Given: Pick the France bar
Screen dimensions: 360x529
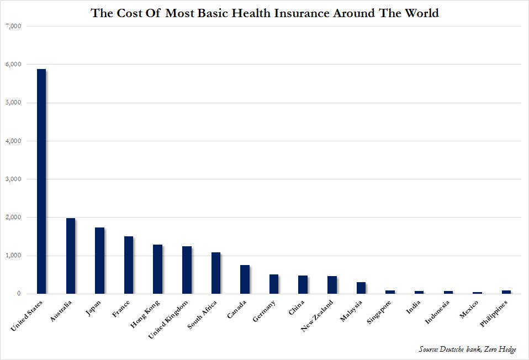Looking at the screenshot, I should point(129,265).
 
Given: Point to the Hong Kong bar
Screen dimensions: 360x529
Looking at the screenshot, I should point(157,269).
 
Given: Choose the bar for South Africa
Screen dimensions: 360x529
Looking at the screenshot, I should point(216,273).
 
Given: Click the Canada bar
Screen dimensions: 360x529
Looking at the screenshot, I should point(245,279).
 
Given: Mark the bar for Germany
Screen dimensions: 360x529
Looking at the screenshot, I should point(274,284).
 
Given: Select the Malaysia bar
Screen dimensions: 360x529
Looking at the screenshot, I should point(361,288).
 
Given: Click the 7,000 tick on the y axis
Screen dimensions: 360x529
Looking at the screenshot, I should point(13,26).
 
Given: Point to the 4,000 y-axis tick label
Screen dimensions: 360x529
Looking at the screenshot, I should point(13,141).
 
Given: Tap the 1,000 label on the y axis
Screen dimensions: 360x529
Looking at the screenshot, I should point(13,256).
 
